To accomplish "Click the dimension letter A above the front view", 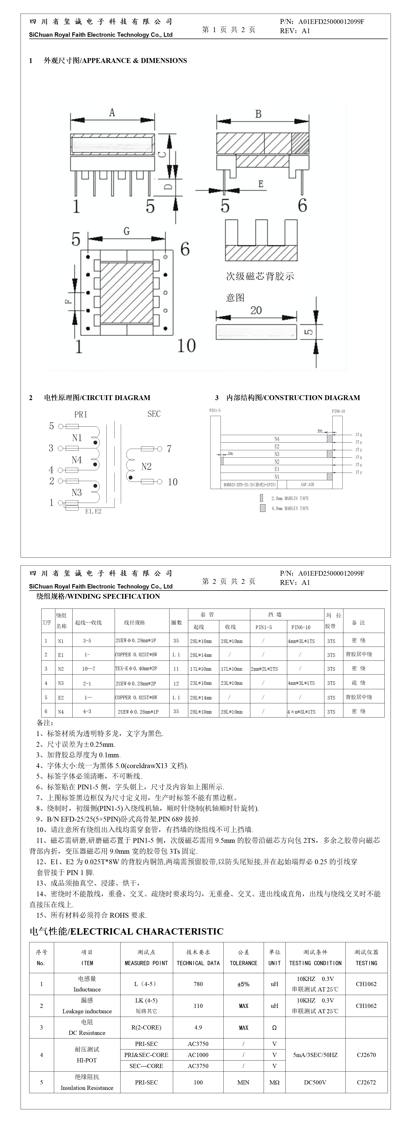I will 112,113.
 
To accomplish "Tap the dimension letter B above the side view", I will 258,114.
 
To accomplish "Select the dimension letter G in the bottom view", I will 127,231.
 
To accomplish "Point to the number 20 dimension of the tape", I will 256,310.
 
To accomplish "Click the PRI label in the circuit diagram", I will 81,414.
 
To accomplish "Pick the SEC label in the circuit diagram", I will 154,414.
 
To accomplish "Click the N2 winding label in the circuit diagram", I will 146,466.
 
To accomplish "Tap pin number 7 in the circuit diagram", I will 169,449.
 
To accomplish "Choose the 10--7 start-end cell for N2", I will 88,668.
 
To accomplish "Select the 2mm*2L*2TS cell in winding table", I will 264,669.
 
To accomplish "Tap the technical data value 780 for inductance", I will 198,984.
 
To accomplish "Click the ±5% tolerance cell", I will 243,984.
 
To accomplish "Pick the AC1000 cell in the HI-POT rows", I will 198,1055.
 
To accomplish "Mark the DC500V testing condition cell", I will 315,1082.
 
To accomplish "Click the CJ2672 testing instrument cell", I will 366,1082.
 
